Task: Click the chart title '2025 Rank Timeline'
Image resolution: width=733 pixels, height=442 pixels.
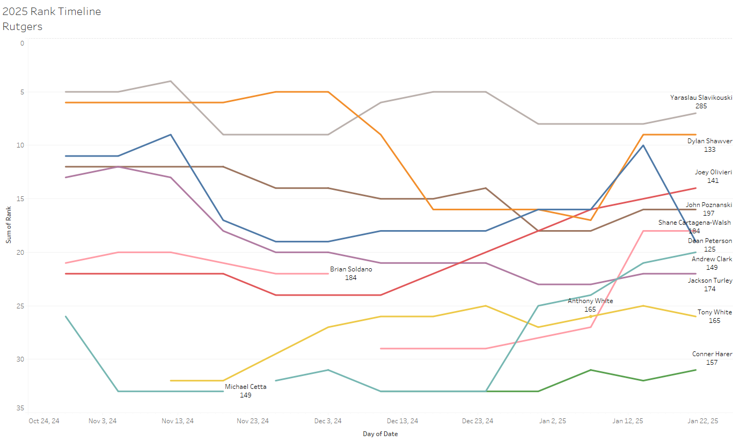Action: tap(52, 11)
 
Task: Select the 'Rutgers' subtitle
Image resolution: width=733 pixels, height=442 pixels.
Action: tap(23, 26)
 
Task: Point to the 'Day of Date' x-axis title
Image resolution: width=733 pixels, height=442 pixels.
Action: tap(380, 433)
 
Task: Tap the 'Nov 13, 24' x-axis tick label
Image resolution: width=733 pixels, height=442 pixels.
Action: tap(178, 421)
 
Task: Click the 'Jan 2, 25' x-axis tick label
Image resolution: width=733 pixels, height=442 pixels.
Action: tap(553, 421)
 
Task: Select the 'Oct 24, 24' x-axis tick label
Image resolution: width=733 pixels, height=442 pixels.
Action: tap(44, 421)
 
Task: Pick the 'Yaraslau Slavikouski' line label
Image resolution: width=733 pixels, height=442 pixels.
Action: tap(701, 98)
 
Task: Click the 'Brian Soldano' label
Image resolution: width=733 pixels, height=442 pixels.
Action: tap(350, 269)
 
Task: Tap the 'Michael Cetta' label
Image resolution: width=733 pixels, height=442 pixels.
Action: tap(245, 387)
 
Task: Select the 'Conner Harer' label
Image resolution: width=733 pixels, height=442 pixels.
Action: tap(712, 354)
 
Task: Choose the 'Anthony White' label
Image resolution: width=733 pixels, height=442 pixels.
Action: tap(590, 301)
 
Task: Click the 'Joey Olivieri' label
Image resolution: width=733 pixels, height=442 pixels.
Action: tap(713, 172)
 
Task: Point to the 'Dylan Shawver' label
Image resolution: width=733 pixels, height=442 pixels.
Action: tap(709, 141)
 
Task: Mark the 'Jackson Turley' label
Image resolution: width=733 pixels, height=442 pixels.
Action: tap(710, 281)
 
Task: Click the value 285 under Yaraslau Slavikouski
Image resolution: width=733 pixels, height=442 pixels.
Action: tap(701, 106)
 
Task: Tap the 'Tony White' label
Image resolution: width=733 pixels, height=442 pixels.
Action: tap(714, 312)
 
